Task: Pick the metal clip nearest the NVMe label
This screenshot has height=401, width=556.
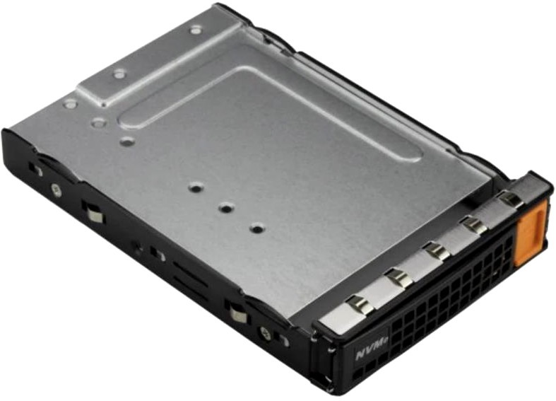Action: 360,305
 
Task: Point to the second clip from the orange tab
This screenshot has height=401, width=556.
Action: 473,225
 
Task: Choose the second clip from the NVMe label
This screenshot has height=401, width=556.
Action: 399,278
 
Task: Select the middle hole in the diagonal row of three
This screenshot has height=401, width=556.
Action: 225,207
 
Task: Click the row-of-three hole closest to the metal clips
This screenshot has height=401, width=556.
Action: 257,228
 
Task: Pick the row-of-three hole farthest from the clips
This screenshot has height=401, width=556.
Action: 196,187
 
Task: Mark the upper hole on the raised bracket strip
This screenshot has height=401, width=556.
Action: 196,30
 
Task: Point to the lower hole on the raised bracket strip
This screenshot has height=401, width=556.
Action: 119,74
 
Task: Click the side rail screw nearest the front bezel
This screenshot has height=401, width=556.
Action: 266,333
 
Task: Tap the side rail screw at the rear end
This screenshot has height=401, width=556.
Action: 56,190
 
